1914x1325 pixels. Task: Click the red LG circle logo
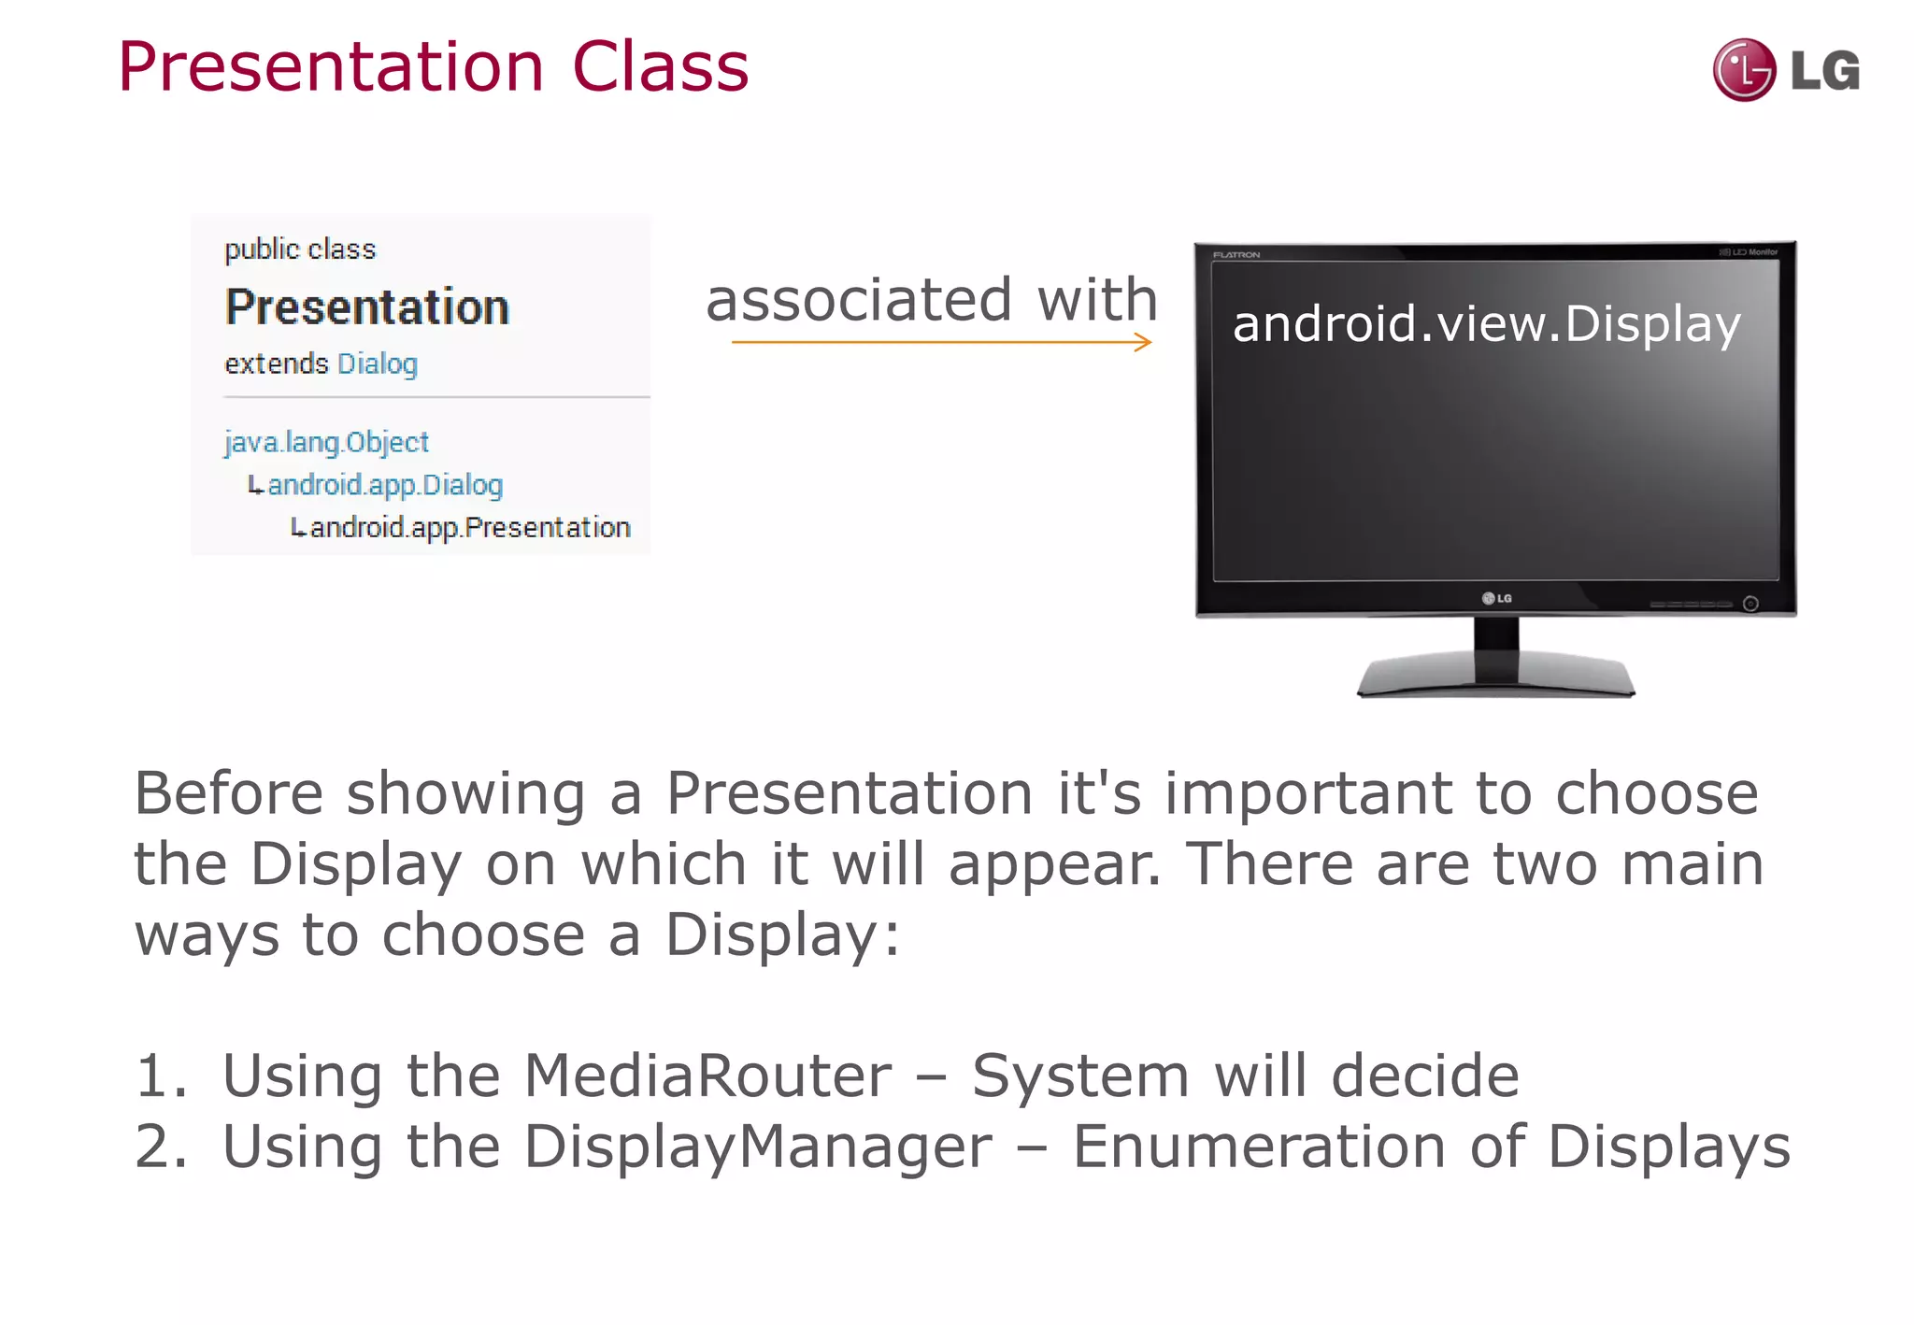pos(1744,70)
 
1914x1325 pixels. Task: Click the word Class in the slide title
pos(660,67)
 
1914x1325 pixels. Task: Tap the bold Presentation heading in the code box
pos(367,307)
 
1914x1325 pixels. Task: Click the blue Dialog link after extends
pos(377,363)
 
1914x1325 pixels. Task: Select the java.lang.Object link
pos(326,441)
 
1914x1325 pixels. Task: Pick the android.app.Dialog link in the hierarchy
pos(384,485)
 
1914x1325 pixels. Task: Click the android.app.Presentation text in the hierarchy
pos(469,528)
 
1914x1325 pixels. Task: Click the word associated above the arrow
pos(858,300)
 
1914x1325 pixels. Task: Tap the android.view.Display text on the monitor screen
pos(1486,324)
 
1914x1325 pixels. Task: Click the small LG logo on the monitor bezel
pos(1496,598)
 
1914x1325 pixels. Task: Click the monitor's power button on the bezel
pos(1750,604)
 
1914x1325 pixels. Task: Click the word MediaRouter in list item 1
pos(707,1076)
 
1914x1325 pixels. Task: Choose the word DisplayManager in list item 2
pos(757,1147)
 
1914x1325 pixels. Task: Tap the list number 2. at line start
pos(161,1147)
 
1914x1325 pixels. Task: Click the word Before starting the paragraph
pos(228,793)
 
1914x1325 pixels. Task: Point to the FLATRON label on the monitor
pos(1236,254)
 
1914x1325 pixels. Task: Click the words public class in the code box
pos(300,249)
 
